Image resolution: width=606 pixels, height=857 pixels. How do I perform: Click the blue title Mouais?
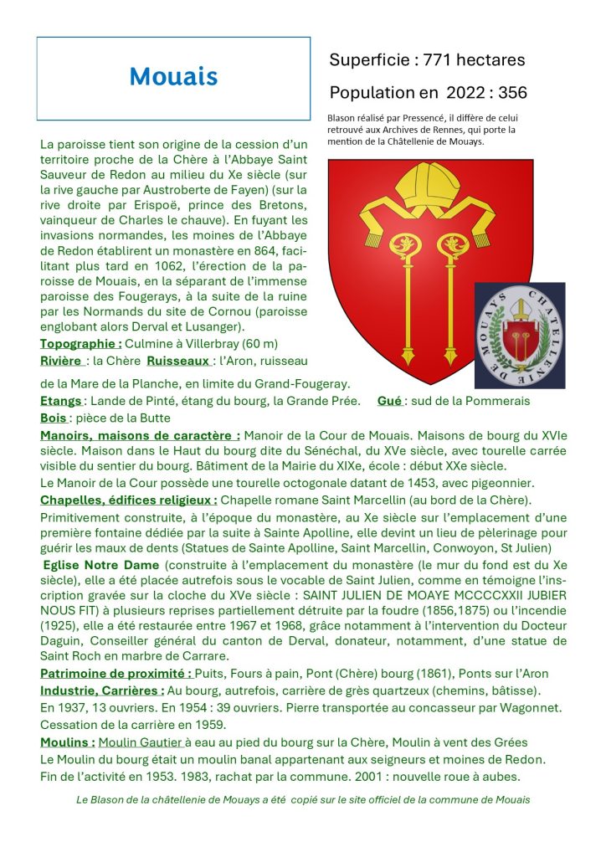[x=173, y=77]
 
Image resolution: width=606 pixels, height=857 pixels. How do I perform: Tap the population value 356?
[x=510, y=93]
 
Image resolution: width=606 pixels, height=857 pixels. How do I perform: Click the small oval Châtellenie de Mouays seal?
[x=520, y=336]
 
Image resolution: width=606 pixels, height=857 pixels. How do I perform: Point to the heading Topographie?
[x=81, y=344]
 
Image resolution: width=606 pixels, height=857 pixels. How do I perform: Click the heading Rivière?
[x=63, y=361]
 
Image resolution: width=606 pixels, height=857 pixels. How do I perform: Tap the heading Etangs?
[x=61, y=401]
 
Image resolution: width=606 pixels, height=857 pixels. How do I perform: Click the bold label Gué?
[x=389, y=401]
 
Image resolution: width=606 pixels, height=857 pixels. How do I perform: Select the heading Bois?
[x=54, y=418]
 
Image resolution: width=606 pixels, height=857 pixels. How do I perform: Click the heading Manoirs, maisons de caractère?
[x=140, y=435]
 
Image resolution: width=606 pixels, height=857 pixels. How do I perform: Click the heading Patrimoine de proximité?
[x=116, y=674]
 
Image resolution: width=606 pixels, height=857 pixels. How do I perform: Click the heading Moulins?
[x=67, y=742]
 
